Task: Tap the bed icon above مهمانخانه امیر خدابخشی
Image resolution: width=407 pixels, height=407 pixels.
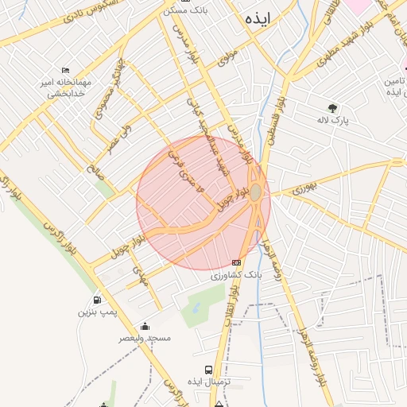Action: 65,69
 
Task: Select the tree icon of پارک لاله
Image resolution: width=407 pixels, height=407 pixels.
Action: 332,108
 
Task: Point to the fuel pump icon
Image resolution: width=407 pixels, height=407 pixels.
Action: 97,300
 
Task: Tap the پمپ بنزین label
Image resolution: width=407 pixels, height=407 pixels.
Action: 96,312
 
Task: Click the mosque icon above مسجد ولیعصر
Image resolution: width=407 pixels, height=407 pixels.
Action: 145,325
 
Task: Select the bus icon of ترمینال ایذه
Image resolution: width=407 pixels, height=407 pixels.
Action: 208,370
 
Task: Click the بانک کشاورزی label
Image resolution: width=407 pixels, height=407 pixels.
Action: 235,275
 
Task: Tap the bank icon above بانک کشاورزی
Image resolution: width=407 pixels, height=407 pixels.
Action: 236,262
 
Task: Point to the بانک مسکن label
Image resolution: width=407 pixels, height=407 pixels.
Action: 185,10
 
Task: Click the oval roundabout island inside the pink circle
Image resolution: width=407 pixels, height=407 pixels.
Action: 256,193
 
